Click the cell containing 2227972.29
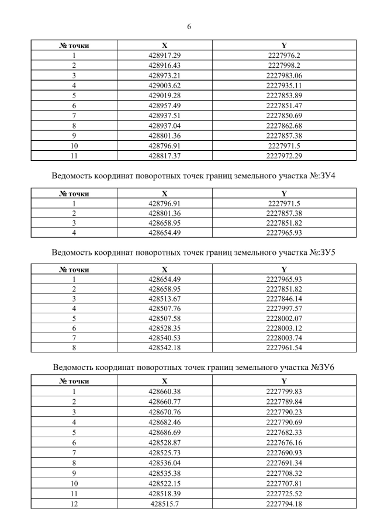(283, 155)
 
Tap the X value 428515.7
(164, 503)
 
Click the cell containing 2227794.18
(283, 503)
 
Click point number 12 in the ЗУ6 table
(74, 503)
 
